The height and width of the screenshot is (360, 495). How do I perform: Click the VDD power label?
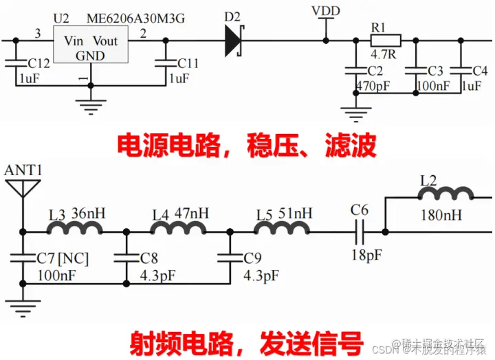tap(325, 11)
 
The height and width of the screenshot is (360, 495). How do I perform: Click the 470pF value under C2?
tap(373, 86)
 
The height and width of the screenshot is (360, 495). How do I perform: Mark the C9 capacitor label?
tap(252, 258)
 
